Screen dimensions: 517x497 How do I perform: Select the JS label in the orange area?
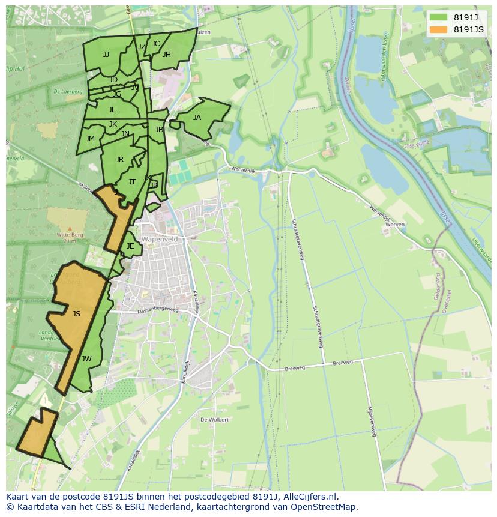tap(76, 313)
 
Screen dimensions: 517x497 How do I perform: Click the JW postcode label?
tap(86, 359)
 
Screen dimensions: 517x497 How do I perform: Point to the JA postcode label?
tap(197, 118)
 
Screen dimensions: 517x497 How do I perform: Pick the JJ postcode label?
tap(106, 55)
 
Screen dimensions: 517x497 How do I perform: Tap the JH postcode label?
tap(167, 55)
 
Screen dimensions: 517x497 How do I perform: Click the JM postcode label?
tap(90, 139)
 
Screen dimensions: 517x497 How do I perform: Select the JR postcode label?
tap(119, 160)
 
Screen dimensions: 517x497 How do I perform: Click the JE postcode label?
tap(130, 246)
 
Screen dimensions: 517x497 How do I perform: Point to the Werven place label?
tap(395, 224)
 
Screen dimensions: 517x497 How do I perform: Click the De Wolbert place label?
tap(214, 420)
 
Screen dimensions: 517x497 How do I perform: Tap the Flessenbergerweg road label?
tap(158, 310)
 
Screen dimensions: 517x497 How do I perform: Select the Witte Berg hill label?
tap(70, 235)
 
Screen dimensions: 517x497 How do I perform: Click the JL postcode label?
tap(112, 110)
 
